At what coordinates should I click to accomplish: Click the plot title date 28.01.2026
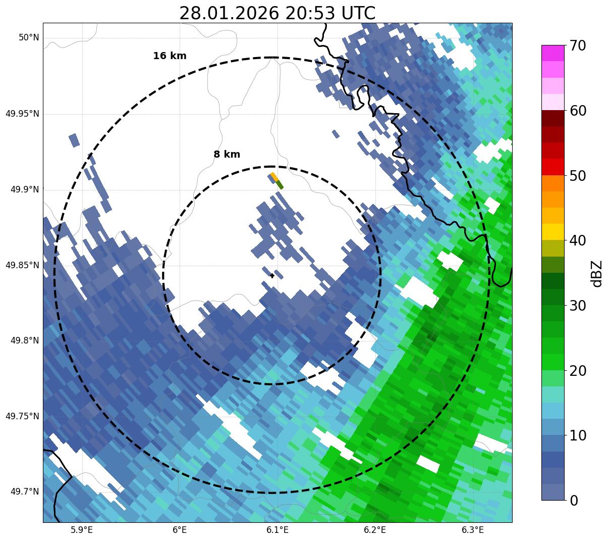(x=229, y=13)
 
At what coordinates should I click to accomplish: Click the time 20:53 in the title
(x=311, y=13)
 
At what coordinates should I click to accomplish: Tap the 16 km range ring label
(x=170, y=56)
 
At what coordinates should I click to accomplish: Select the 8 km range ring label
(x=227, y=155)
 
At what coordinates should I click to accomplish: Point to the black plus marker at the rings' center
(x=272, y=275)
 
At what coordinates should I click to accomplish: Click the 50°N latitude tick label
(x=29, y=38)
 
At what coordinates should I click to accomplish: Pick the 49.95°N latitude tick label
(x=22, y=114)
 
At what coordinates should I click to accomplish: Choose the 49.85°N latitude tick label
(x=22, y=265)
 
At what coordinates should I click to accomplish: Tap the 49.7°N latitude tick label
(x=25, y=492)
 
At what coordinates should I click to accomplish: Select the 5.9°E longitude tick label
(x=82, y=530)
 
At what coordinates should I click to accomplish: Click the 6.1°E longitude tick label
(x=277, y=530)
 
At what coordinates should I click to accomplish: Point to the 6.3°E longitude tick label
(x=473, y=530)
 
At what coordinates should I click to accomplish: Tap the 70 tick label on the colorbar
(x=579, y=46)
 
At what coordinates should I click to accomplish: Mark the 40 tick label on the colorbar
(x=579, y=241)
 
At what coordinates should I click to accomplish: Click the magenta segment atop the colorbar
(x=553, y=53)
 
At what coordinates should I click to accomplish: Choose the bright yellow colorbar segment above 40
(x=553, y=232)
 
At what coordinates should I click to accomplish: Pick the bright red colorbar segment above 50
(x=553, y=167)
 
